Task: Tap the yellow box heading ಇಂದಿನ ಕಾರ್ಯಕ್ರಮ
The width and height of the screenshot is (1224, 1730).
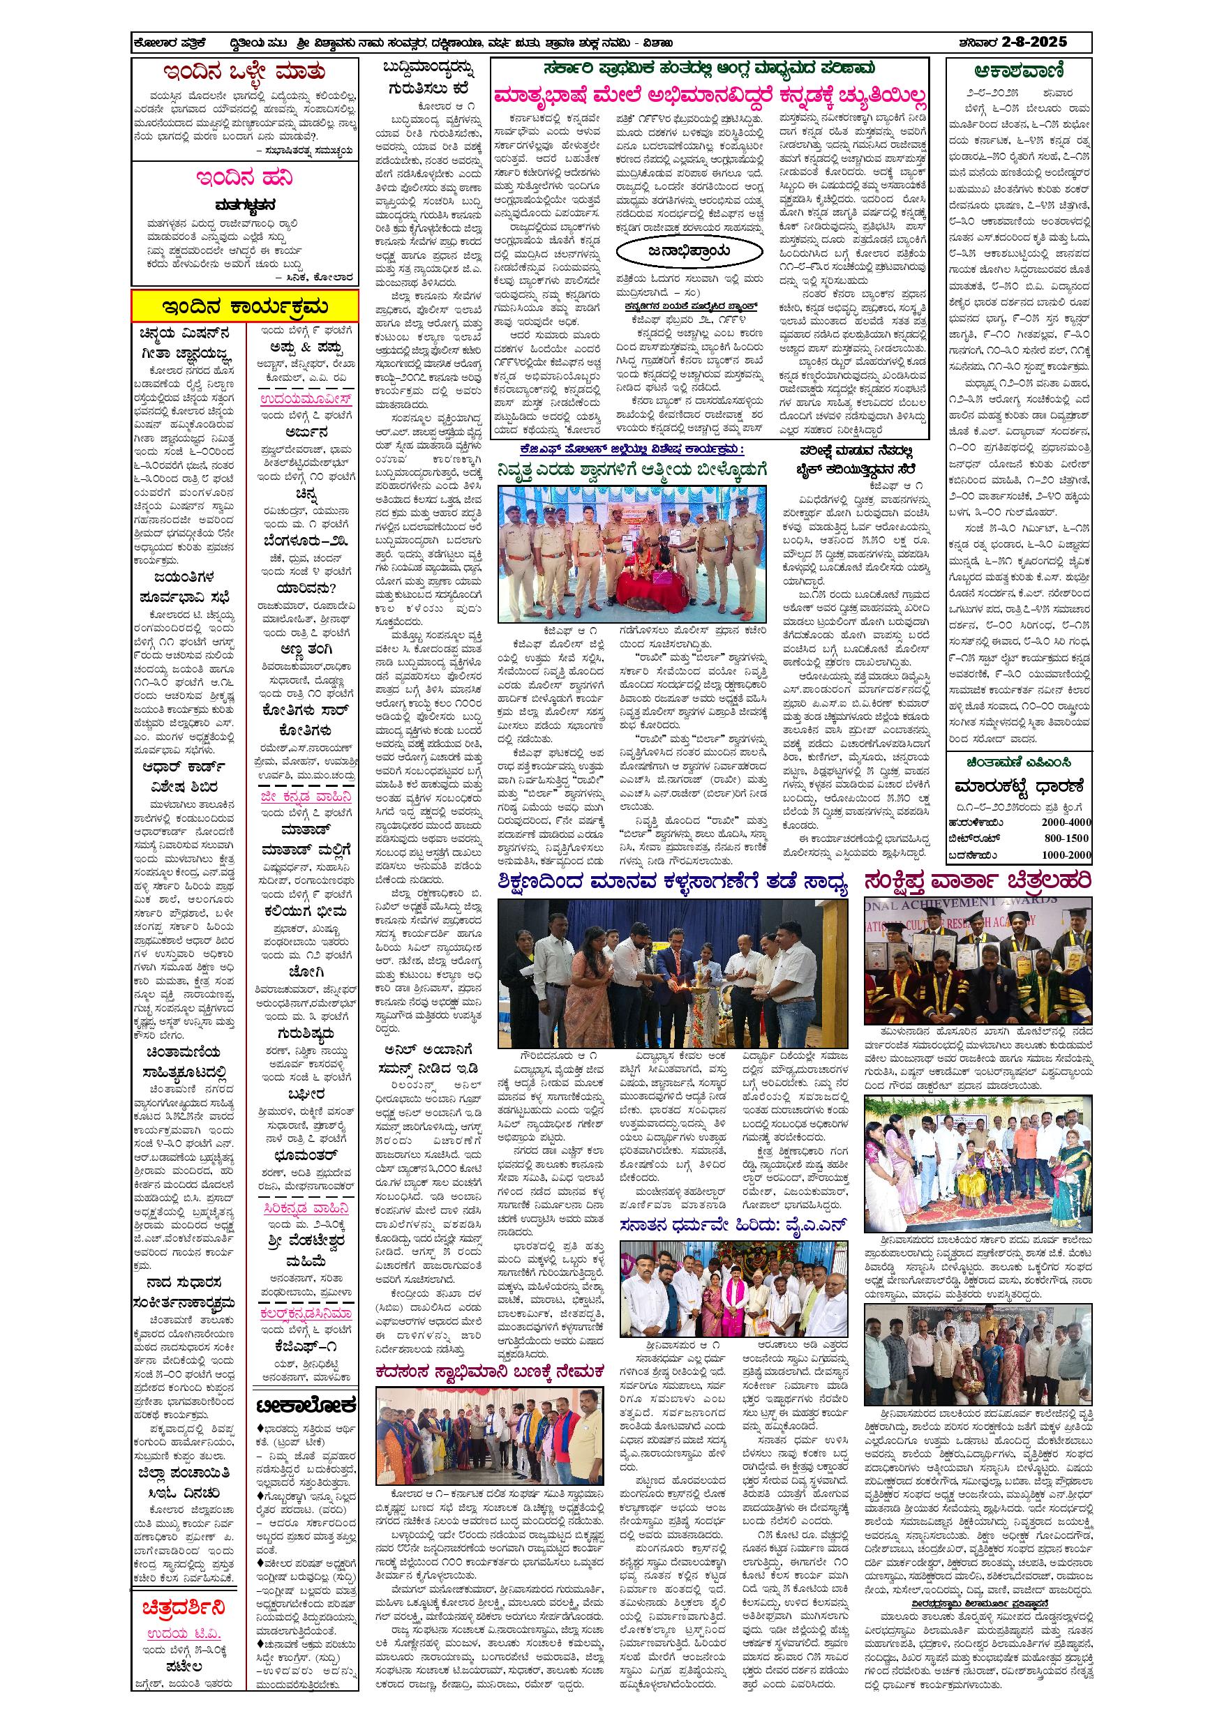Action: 244,307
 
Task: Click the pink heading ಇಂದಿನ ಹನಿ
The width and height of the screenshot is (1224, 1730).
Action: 244,178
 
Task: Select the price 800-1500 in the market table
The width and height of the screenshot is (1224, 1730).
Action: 1066,838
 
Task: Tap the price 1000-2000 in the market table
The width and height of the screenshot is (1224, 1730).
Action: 1066,855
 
